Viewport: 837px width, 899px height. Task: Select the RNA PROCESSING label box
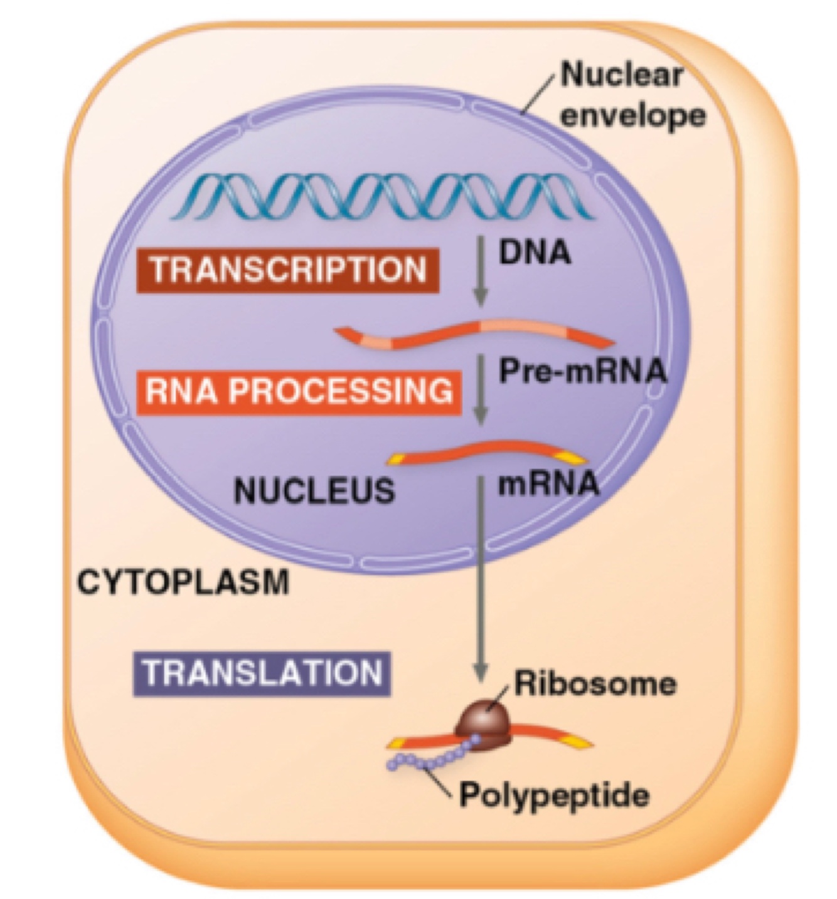click(x=298, y=391)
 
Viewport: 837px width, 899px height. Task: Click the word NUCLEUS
click(x=314, y=490)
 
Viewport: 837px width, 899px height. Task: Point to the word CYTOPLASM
click(x=183, y=582)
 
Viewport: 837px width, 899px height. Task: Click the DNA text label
click(x=535, y=252)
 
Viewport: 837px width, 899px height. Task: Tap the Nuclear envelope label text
click(x=631, y=95)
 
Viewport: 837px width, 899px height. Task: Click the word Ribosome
click(x=595, y=683)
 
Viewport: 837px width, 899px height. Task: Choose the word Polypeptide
click(x=554, y=796)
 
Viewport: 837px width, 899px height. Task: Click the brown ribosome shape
click(x=484, y=725)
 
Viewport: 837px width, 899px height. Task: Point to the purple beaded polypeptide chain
click(x=433, y=755)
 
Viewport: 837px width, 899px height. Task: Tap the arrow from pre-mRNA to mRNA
click(x=481, y=389)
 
